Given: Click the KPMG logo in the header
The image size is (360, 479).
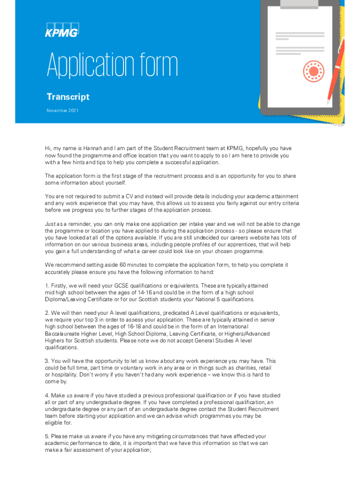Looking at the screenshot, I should pyautogui.click(x=62, y=29).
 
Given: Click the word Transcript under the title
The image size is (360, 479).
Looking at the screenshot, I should pyautogui.click(x=68, y=97).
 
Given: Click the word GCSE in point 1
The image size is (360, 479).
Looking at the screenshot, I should pyautogui.click(x=115, y=285).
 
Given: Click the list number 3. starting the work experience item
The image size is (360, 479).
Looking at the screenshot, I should pyautogui.click(x=47, y=361).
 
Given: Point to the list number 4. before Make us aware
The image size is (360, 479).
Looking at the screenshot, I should pyautogui.click(x=47, y=395).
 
